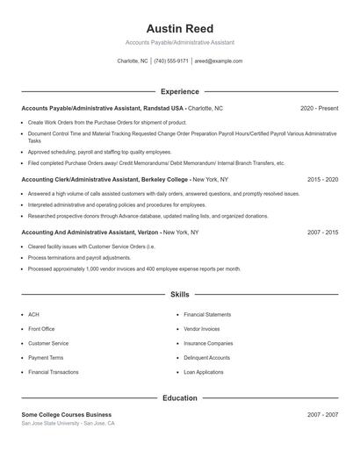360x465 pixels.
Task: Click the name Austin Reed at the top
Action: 179,29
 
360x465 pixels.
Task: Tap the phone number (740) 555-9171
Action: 171,61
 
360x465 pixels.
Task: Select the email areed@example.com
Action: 219,61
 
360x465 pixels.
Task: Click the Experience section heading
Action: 179,91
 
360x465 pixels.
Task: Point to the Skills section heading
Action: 179,295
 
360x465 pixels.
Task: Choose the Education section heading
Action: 179,398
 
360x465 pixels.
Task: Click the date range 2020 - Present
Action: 319,108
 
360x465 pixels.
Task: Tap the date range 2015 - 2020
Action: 322,179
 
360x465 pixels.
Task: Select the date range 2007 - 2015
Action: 322,232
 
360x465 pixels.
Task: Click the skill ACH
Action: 33,314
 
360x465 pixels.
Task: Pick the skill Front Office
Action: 41,329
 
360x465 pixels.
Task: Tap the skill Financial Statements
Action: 207,314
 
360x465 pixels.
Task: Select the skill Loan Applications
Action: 203,372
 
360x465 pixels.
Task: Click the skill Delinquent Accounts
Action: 206,358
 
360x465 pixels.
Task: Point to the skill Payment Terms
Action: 46,358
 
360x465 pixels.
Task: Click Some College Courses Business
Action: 67,414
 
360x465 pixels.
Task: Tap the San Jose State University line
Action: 68,423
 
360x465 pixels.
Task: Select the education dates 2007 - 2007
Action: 322,414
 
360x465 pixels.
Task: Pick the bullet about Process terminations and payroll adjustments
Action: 79,258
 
